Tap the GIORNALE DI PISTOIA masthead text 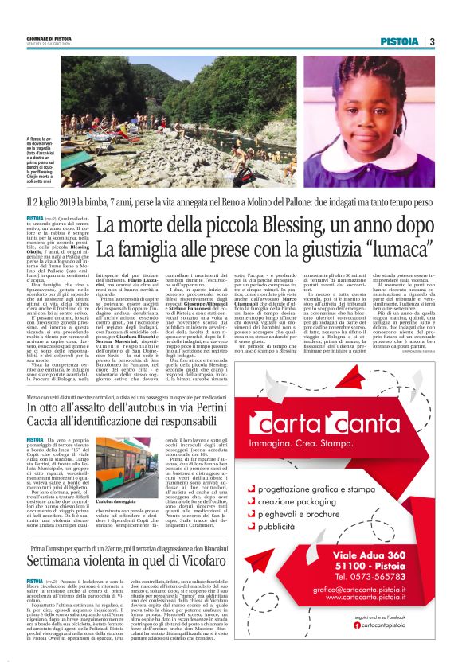(x=48, y=38)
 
